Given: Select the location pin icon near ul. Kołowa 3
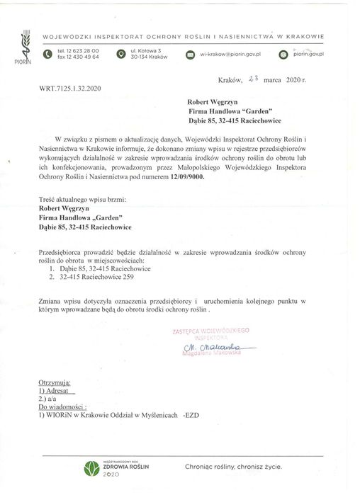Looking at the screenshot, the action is point(122,54).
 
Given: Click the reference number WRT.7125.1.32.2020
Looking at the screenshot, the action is point(70,88).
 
